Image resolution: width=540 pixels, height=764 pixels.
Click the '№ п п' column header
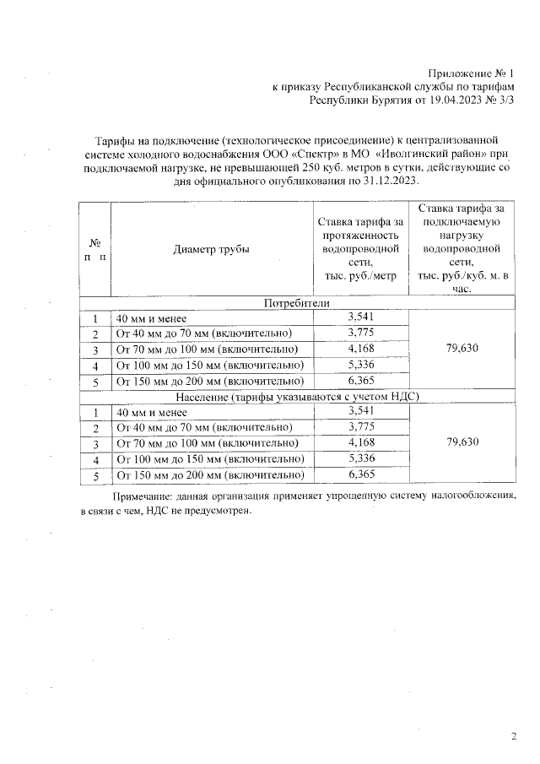[x=95, y=249]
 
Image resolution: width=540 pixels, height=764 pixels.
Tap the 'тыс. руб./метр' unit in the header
[x=360, y=275]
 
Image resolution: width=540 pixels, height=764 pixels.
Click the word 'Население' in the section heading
[x=202, y=397]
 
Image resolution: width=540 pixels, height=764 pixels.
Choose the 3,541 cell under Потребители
[x=360, y=317]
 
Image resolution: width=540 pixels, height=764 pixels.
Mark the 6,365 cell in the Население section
[x=360, y=474]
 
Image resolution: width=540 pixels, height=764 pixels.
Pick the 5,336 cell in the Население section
[x=360, y=458]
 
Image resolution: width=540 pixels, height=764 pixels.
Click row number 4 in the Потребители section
[x=96, y=366]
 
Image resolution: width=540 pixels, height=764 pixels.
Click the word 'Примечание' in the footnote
[x=143, y=497]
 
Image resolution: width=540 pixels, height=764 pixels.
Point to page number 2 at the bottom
[x=514, y=736]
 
